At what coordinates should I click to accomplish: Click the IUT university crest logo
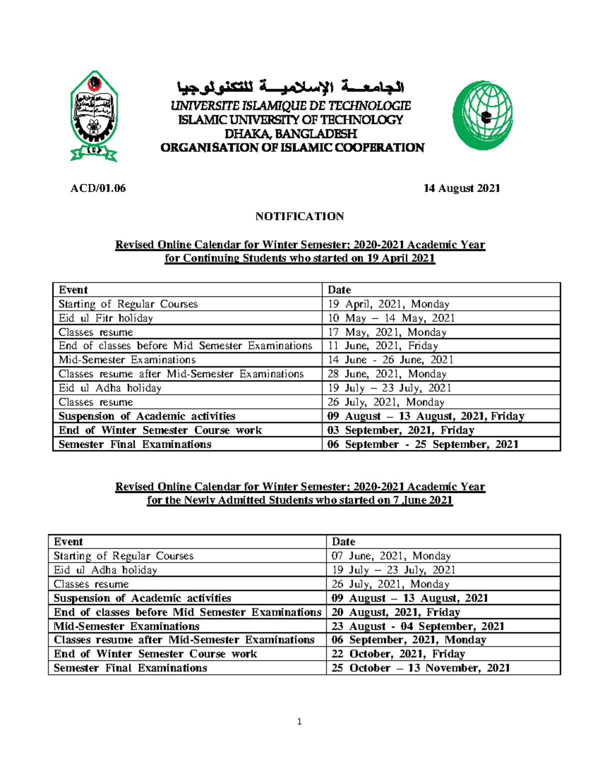click(94, 116)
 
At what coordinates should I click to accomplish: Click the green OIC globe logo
click(482, 115)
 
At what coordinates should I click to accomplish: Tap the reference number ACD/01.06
click(98, 188)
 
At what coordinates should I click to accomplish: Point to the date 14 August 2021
click(461, 188)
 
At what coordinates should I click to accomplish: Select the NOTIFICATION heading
click(299, 216)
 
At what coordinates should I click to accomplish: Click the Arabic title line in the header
click(291, 88)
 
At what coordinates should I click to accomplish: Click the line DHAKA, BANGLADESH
click(291, 134)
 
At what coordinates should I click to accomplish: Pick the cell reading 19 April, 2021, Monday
click(388, 304)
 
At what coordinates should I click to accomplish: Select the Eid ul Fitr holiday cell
click(105, 318)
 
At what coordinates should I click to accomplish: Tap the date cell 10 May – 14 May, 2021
click(391, 318)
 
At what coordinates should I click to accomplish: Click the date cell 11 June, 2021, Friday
click(383, 346)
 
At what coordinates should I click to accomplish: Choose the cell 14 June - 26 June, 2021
click(390, 360)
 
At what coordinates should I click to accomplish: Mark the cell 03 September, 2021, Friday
click(400, 430)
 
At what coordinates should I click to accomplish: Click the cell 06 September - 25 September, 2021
click(422, 444)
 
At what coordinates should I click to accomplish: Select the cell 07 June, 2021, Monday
click(391, 556)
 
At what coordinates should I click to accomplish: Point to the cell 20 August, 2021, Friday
click(395, 612)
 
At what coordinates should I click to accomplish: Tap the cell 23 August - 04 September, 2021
click(417, 626)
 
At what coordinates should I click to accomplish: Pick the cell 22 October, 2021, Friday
click(398, 654)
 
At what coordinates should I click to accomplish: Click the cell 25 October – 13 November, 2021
click(420, 668)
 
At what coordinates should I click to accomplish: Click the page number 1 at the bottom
click(299, 722)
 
